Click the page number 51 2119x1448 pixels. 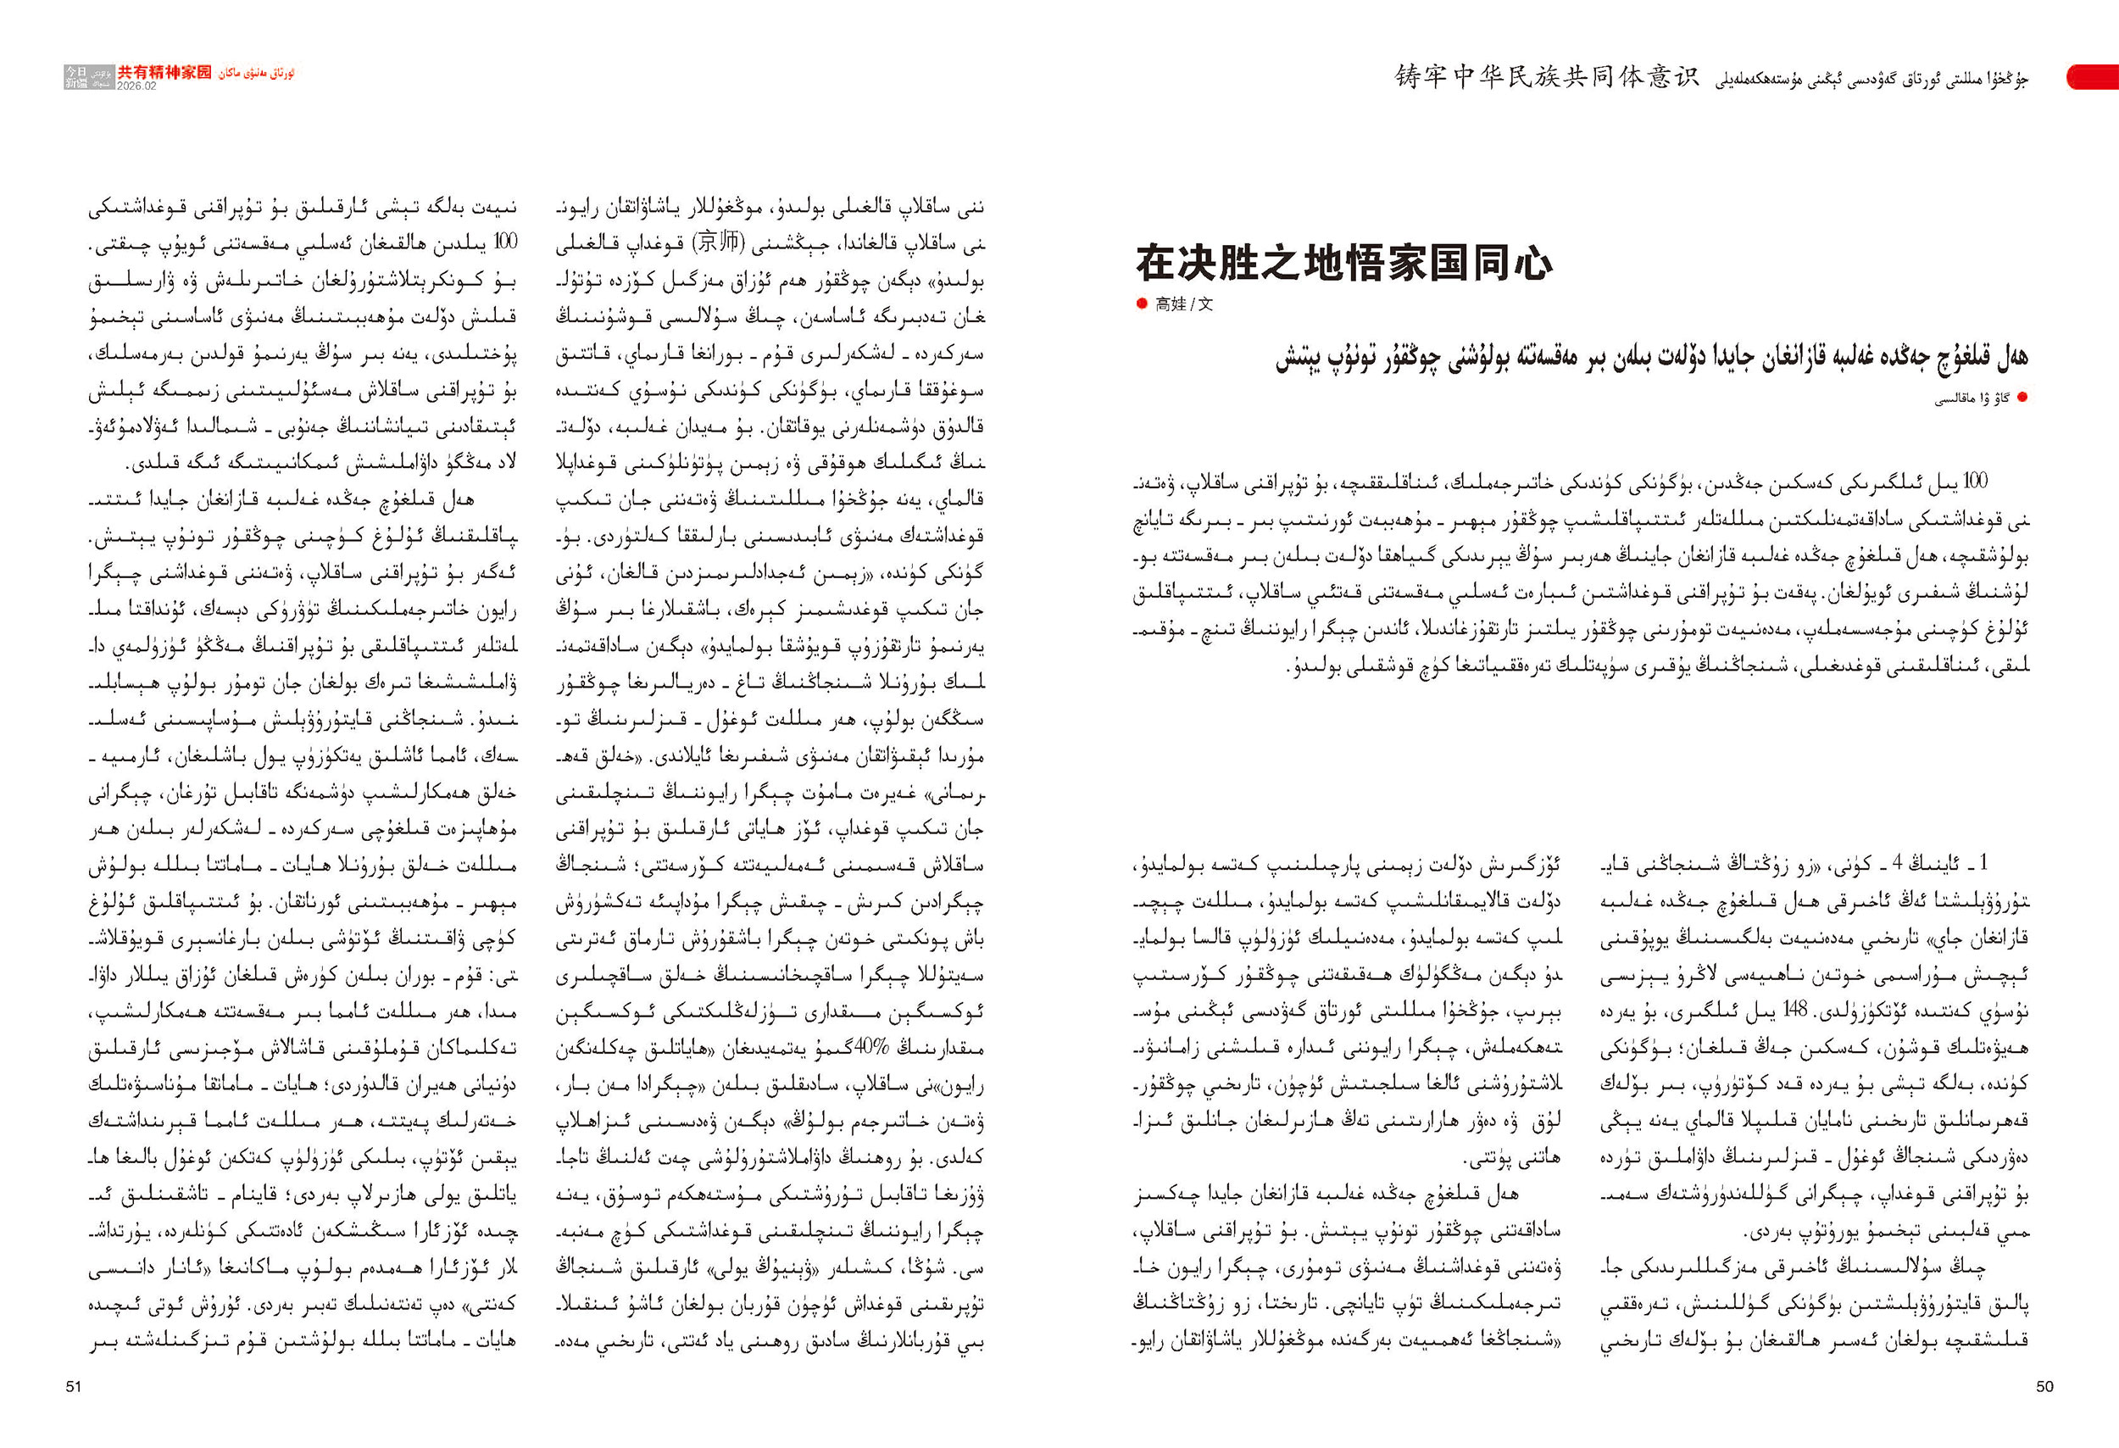pyautogui.click(x=74, y=1386)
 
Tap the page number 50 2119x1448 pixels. pyautogui.click(x=2044, y=1386)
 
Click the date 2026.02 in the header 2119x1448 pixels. pyautogui.click(x=136, y=86)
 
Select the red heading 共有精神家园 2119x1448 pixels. pyautogui.click(x=164, y=72)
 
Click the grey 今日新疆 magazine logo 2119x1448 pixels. pyautogui.click(x=76, y=76)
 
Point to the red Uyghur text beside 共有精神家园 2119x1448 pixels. pyautogui.click(x=256, y=73)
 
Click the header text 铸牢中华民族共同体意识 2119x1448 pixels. pyautogui.click(x=1548, y=76)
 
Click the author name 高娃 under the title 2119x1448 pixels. pyautogui.click(x=1170, y=304)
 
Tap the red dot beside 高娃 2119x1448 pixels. pyautogui.click(x=1142, y=304)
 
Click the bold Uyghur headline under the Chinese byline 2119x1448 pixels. pyautogui.click(x=1651, y=357)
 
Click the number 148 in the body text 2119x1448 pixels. pyautogui.click(x=1794, y=1011)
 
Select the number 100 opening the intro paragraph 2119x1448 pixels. pyautogui.click(x=1974, y=482)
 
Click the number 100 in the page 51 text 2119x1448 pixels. pyautogui.click(x=504, y=242)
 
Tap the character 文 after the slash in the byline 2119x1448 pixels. pyautogui.click(x=1205, y=304)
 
